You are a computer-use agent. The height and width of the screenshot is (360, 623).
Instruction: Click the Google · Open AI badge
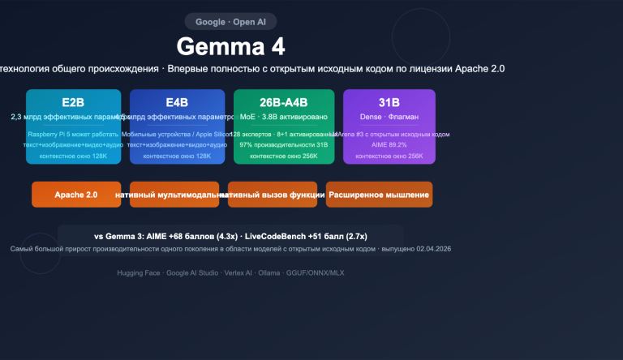tap(230, 22)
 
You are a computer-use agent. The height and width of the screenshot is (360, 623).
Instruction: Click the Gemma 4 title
tap(230, 46)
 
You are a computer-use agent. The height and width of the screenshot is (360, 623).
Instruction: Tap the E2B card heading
tap(73, 103)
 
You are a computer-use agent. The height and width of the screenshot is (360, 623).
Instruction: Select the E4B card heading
tap(177, 103)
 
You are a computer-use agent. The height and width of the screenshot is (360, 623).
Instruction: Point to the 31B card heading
tap(389, 103)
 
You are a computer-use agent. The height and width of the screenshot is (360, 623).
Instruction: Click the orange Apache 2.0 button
tap(76, 195)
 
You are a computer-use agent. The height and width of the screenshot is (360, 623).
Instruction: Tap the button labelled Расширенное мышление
tap(380, 195)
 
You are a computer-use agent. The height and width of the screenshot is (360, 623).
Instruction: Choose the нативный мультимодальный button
tap(174, 195)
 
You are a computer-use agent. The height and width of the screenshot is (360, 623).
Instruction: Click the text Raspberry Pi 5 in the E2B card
tap(49, 134)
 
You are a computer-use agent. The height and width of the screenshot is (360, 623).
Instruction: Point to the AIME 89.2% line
tap(389, 144)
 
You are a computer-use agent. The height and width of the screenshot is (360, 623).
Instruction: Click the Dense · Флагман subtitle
tap(389, 118)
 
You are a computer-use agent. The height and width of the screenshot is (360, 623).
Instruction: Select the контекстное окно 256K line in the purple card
tap(389, 156)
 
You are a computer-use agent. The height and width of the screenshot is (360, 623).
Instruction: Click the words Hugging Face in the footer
tap(139, 273)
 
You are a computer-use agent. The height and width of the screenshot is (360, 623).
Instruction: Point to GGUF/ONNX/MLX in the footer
tap(315, 273)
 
